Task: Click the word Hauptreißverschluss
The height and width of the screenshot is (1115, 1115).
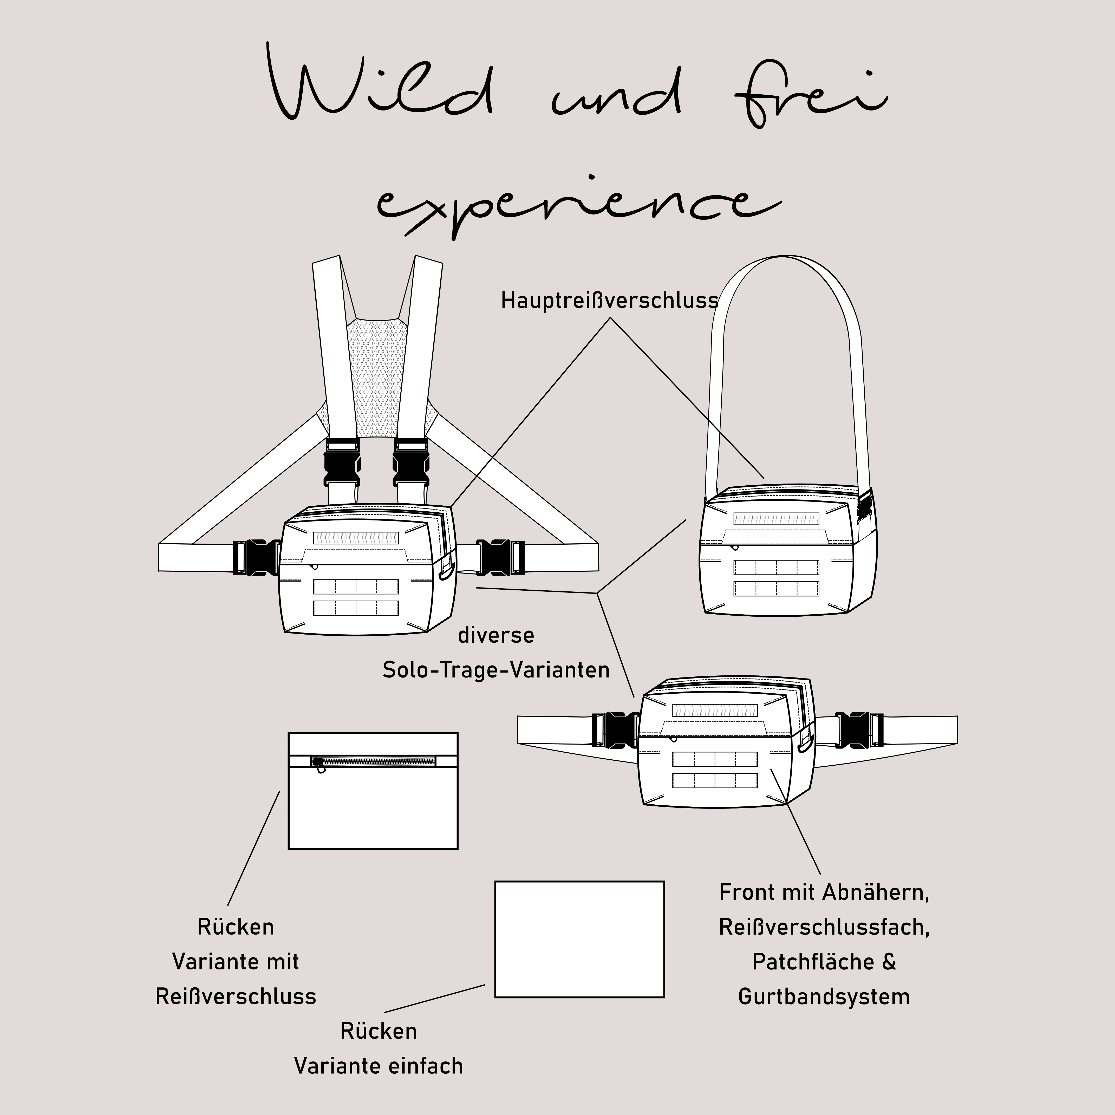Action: [x=609, y=301]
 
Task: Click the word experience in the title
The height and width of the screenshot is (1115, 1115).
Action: [x=577, y=205]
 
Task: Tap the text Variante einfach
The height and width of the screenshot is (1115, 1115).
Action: [x=379, y=1066]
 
